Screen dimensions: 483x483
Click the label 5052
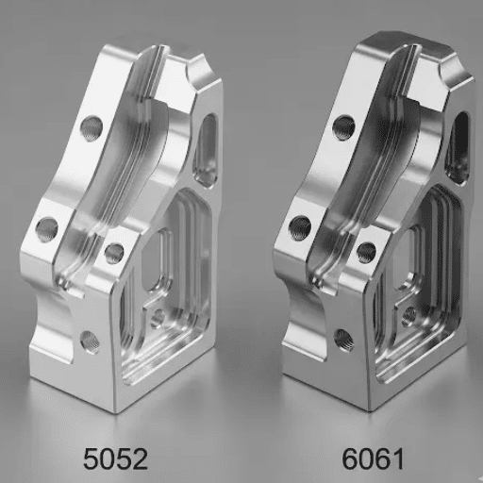pos(115,458)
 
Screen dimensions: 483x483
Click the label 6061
pos(374,458)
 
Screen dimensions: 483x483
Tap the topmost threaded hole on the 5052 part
pos(92,125)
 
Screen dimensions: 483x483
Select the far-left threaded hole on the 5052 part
pos(46,226)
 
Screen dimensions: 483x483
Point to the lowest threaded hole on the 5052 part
pos(90,341)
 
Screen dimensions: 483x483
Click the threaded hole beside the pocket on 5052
pos(114,252)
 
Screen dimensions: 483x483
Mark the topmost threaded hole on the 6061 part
pos(344,126)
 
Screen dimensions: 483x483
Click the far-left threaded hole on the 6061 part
pos(300,226)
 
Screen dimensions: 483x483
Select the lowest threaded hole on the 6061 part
pos(344,339)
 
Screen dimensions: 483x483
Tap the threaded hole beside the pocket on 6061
pos(367,252)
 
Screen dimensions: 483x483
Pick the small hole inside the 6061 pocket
pos(409,317)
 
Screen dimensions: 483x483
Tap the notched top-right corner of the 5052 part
pos(200,68)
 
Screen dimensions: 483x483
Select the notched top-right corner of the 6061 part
pos(455,68)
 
